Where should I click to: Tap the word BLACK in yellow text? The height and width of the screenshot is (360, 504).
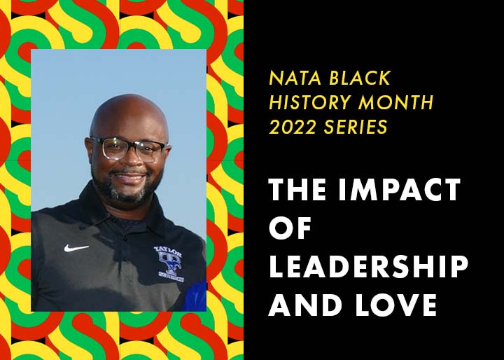pos(360,78)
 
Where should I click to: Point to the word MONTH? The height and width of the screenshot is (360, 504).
pos(396,102)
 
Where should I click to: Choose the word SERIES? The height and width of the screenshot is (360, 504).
pos(356,127)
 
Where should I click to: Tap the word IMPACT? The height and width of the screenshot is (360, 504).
pos(400,190)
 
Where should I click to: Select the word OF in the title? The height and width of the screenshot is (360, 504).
pos(290,228)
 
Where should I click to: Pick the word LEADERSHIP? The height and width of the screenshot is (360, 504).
pos(368,266)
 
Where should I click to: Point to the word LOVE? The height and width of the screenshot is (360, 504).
pos(396,305)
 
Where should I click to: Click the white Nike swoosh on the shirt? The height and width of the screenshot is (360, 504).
pos(76,248)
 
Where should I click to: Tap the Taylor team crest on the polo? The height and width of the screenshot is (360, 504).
pos(169,264)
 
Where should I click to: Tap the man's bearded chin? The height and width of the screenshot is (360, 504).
pos(129,195)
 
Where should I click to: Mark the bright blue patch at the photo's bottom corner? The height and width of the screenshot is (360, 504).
pos(195,297)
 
